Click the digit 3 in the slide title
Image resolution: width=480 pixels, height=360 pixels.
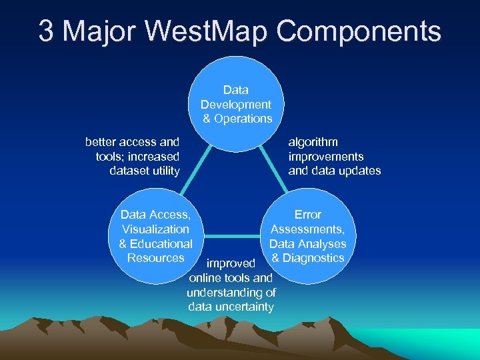[x=46, y=31]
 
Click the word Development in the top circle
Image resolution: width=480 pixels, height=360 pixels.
[x=236, y=105]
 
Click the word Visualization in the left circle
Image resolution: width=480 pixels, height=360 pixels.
[x=155, y=229]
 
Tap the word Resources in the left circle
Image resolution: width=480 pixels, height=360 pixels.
[x=155, y=258]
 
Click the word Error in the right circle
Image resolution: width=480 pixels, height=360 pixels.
[x=308, y=215]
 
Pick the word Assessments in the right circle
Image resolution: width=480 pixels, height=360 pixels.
[x=307, y=229]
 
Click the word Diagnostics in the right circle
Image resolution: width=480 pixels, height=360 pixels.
[x=314, y=258]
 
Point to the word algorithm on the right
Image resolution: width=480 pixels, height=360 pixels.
[x=313, y=142]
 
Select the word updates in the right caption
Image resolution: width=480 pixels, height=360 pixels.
[x=360, y=171]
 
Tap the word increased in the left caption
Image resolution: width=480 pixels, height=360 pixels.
[x=155, y=157]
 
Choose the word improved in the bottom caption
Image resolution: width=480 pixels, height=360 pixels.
[x=231, y=264]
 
